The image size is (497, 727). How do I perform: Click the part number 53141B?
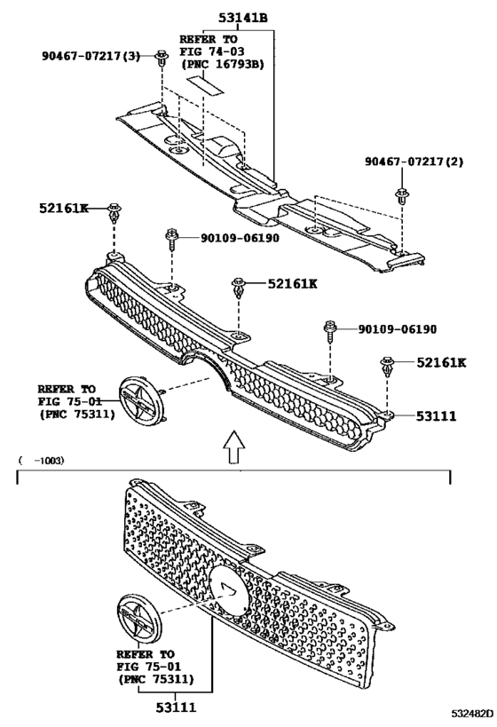coord(250,18)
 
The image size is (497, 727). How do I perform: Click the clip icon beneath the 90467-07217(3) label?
coord(162,60)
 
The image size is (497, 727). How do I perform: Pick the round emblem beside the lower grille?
coord(138,618)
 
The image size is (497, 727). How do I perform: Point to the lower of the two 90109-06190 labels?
coord(398,329)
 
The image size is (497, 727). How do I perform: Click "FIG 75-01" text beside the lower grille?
coord(146,666)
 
